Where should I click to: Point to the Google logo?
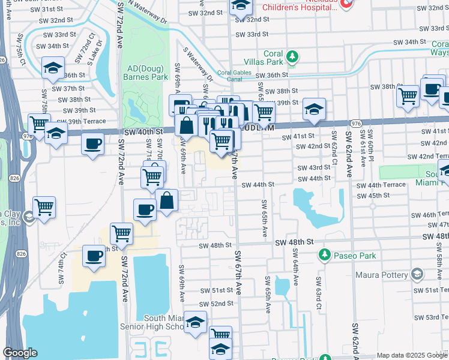pyautogui.click(x=20, y=353)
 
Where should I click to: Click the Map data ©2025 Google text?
pyautogui.click(x=411, y=355)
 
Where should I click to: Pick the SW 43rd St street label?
pyautogui.click(x=310, y=167)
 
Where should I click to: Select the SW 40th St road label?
pyautogui.click(x=143, y=131)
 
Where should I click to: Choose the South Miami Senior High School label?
pyautogui.click(x=163, y=322)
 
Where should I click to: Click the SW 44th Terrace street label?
pyautogui.click(x=381, y=186)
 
